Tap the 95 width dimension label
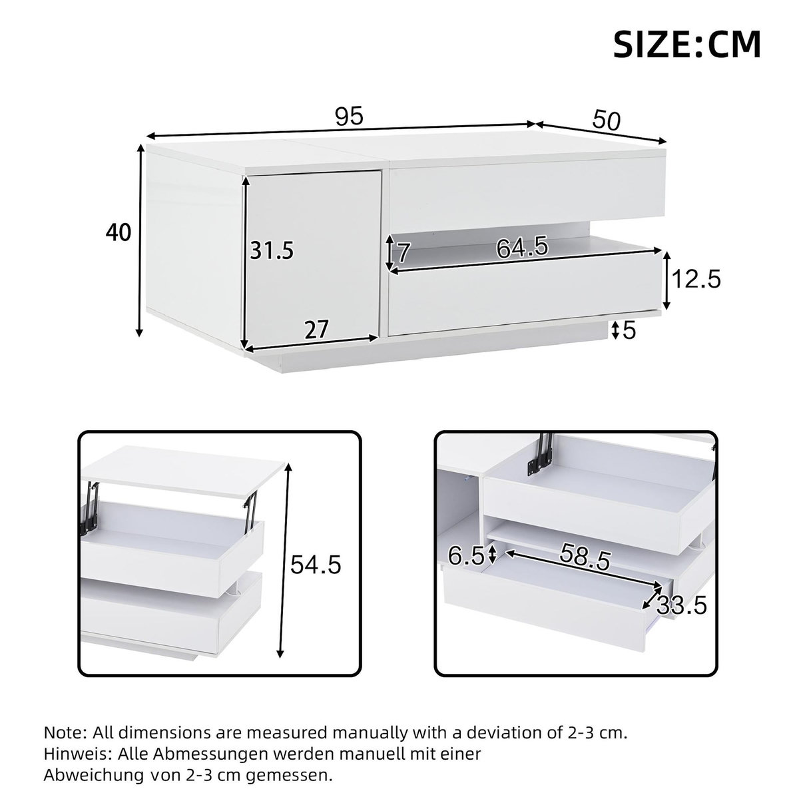pyautogui.click(x=349, y=117)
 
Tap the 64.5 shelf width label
pyautogui.click(x=522, y=248)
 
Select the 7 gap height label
pyautogui.click(x=402, y=253)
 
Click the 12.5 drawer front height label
pyautogui.click(x=696, y=279)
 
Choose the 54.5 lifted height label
pyautogui.click(x=316, y=565)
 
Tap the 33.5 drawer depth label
pyautogui.click(x=681, y=606)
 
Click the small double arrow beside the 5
pyautogui.click(x=616, y=329)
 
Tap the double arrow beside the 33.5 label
pyautogui.click(x=653, y=597)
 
